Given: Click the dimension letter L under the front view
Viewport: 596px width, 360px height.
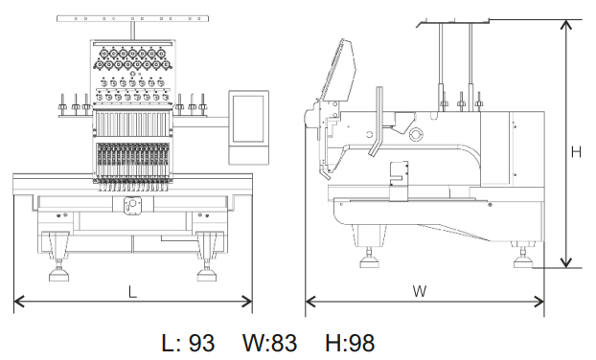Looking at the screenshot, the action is point(132,292).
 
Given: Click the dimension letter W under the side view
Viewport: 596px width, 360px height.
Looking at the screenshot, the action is point(420,291).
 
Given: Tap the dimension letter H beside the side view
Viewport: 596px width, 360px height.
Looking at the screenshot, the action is point(576,152).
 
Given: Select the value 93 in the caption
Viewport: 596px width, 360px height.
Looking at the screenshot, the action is point(201,343).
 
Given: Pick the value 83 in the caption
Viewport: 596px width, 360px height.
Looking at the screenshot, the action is point(284,343).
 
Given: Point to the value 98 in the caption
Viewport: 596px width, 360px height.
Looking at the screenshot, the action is point(361,343).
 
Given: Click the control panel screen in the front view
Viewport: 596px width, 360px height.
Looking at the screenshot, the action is point(248,119).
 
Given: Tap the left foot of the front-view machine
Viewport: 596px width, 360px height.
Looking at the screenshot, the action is point(58,274).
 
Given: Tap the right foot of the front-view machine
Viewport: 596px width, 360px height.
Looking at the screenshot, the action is point(206,274).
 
